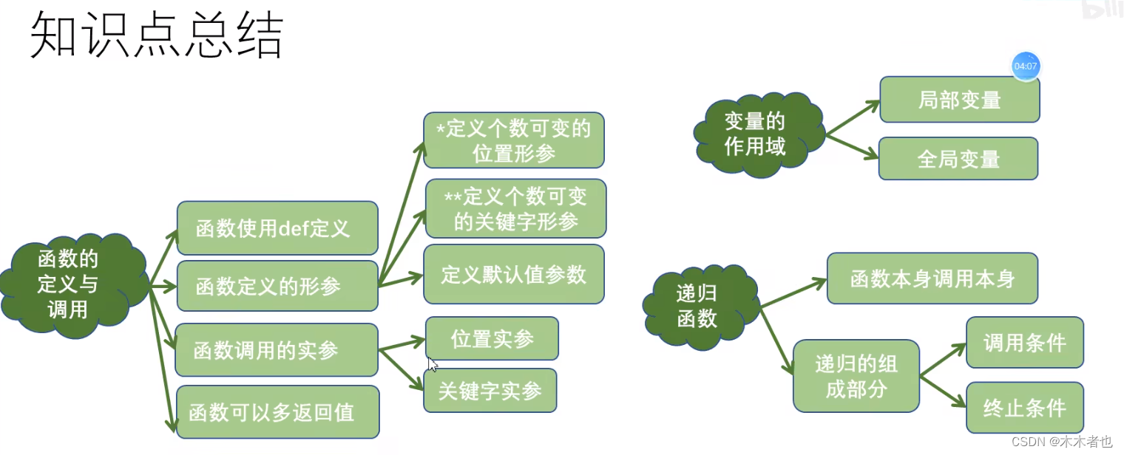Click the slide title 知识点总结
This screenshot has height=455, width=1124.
156,35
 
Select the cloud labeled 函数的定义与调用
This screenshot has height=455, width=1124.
68,284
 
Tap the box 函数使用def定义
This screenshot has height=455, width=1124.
277,228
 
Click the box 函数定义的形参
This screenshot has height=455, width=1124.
277,286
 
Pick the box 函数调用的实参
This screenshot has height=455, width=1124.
277,349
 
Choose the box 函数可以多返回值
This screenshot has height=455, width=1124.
277,411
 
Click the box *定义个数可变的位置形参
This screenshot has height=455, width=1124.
514,140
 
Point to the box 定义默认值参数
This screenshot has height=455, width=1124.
514,274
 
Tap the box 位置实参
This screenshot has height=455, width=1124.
492,338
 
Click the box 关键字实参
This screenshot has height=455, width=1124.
490,390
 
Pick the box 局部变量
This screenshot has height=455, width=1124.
959,100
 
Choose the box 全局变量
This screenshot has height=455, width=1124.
958,158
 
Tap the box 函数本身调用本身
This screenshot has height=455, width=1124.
932,278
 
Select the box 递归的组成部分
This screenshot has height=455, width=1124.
856,376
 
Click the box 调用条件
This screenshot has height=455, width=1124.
1024,343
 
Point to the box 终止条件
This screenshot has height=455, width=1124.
1024,407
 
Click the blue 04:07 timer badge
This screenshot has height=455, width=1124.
1026,66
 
